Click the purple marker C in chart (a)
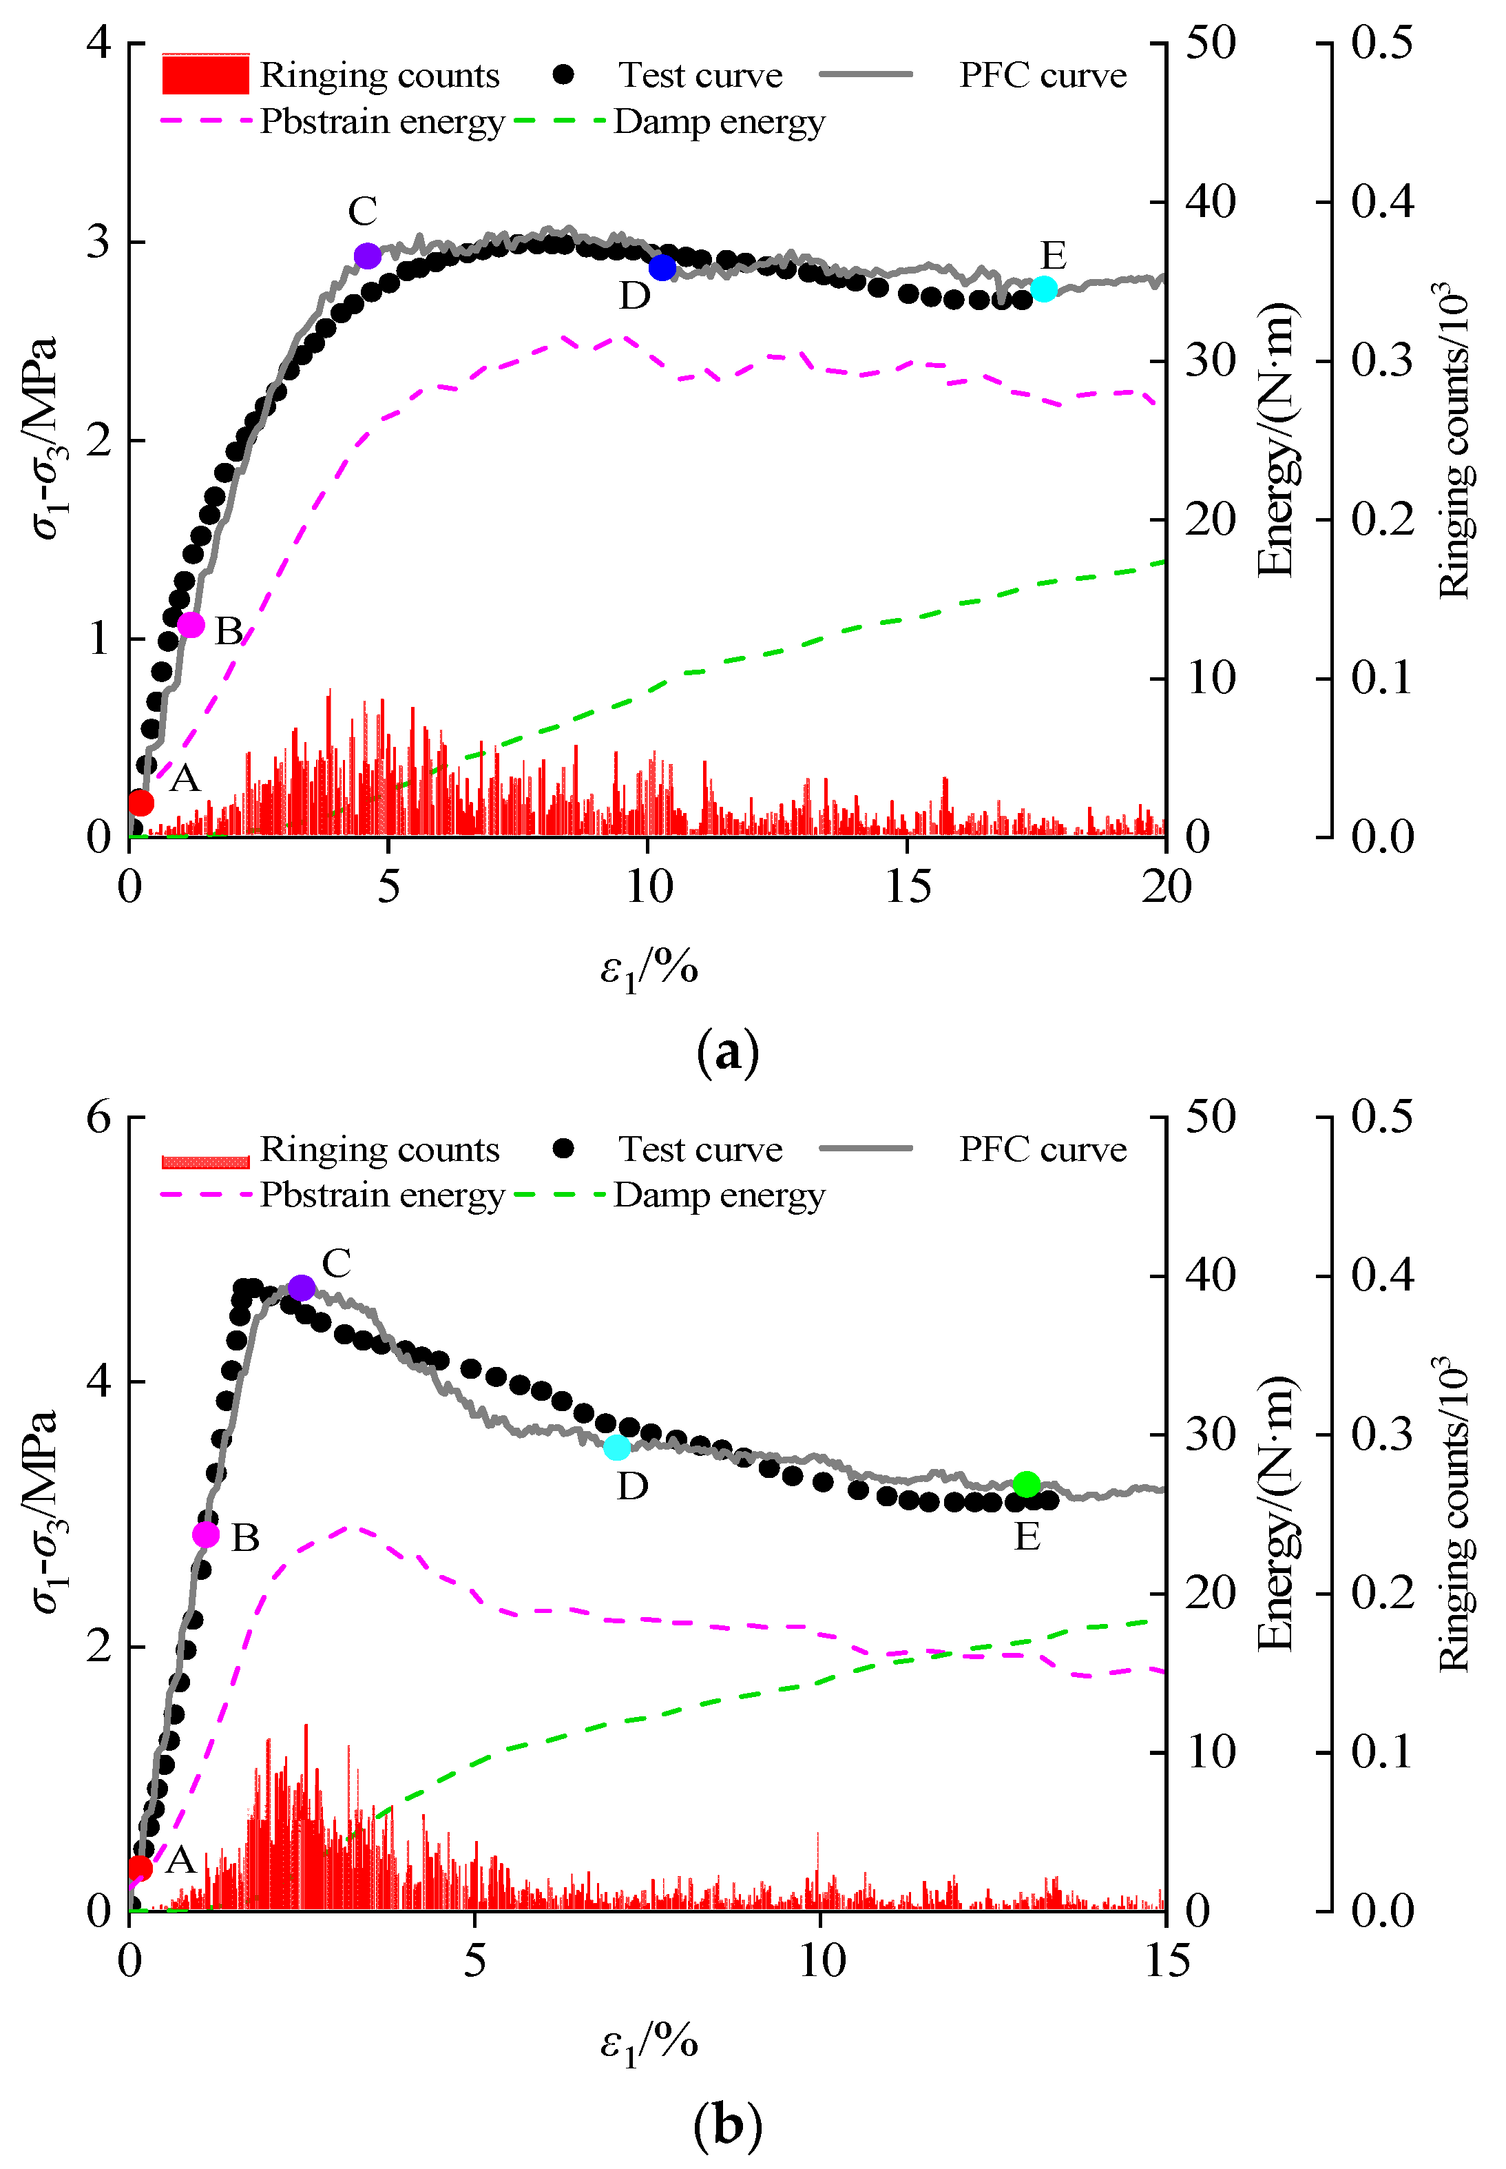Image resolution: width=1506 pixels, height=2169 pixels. [367, 256]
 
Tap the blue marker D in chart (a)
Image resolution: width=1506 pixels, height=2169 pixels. [662, 268]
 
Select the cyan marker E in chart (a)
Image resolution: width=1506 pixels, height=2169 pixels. [1044, 289]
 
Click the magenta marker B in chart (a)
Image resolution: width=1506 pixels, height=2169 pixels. [191, 625]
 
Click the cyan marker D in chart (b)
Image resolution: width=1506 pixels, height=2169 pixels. [617, 1447]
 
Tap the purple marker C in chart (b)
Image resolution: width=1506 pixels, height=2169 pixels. [301, 1288]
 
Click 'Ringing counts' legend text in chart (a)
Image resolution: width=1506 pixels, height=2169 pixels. [379, 76]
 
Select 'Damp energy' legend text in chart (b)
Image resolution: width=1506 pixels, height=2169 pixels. [719, 1196]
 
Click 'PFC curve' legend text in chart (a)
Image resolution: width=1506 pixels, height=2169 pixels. [1043, 76]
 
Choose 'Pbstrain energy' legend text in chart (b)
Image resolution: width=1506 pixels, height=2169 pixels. [382, 1196]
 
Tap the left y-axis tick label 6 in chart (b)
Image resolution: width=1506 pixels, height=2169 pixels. [99, 1118]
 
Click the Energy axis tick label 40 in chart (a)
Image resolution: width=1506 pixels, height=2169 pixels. [1210, 201]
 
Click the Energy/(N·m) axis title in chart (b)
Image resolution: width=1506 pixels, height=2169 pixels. [1276, 1514]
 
